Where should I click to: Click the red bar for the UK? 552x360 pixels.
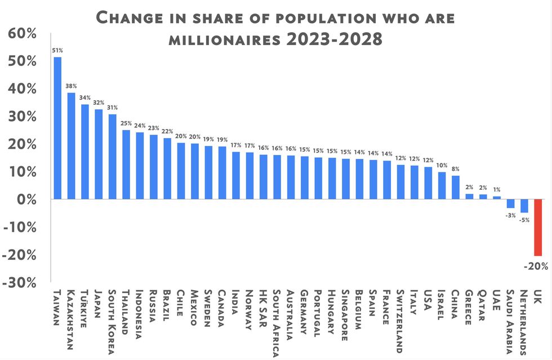click(x=537, y=228)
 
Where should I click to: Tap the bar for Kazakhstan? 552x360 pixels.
click(x=71, y=146)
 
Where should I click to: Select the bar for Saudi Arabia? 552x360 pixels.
click(x=510, y=203)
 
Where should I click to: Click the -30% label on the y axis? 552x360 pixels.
click(x=21, y=282)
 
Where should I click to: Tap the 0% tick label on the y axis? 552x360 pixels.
click(x=25, y=199)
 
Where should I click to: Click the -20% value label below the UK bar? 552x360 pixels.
click(x=535, y=266)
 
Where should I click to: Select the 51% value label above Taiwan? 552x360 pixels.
click(x=57, y=50)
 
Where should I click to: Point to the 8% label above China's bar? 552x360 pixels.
click(x=455, y=168)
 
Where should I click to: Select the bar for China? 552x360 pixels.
click(x=456, y=188)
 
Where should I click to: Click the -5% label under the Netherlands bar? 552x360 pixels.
click(x=524, y=220)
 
